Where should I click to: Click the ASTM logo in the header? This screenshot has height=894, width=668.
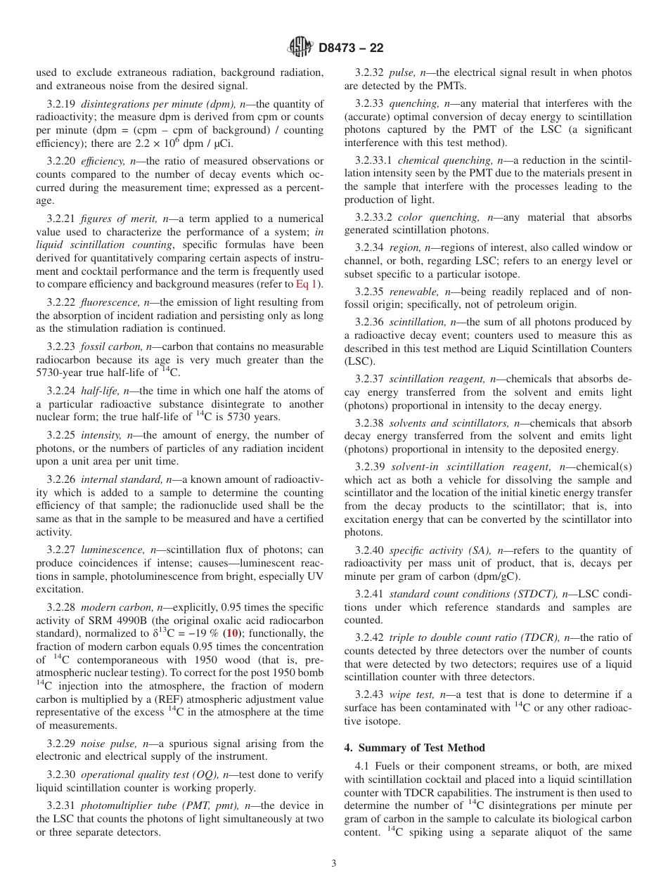coord(301,48)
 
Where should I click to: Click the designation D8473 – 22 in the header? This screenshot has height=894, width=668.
coord(351,48)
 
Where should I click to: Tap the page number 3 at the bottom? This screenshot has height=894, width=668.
coord(334,864)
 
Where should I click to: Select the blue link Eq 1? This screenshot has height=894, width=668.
coord(306,284)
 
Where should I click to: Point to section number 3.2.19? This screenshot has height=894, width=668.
coord(61,104)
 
